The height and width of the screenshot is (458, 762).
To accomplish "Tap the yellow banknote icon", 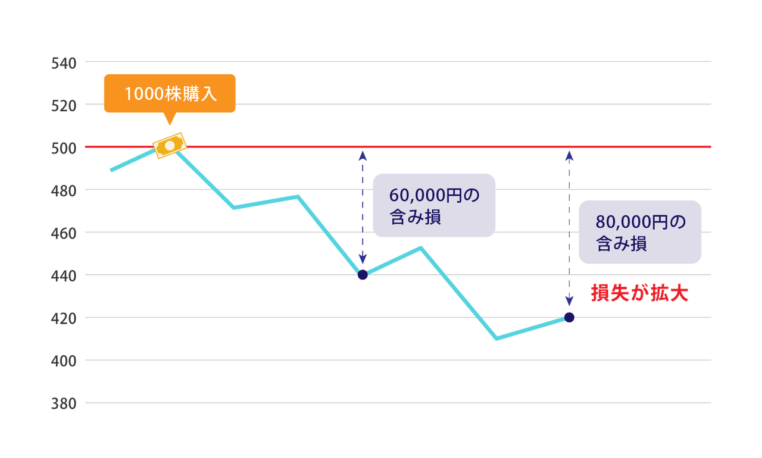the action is tap(170, 145).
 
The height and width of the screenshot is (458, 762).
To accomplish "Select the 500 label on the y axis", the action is tap(64, 148).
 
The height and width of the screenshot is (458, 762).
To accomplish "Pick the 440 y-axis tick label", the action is tap(64, 276).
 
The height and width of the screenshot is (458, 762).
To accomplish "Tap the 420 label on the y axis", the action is tap(64, 319).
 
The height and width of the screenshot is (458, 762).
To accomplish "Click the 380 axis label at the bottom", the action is tap(64, 404).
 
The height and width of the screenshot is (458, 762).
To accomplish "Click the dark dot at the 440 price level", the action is tap(363, 275).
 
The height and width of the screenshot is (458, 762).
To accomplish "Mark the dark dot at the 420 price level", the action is tap(569, 317).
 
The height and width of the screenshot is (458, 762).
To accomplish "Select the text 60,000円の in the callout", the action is tap(434, 195).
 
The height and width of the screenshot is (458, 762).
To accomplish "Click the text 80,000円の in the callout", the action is tap(641, 222).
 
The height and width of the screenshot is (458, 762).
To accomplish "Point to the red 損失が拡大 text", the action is tap(639, 294).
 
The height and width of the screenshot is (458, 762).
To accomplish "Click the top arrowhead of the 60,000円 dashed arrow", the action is tap(363, 156).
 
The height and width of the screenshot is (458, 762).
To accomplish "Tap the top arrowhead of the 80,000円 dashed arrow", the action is tap(569, 156).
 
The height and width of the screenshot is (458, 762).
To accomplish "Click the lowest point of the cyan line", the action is tap(496, 339).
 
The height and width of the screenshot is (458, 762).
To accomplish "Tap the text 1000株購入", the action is tap(170, 94).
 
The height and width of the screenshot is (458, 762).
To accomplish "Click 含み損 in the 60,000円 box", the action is tap(415, 217).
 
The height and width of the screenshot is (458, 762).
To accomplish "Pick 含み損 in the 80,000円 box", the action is tap(622, 244).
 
